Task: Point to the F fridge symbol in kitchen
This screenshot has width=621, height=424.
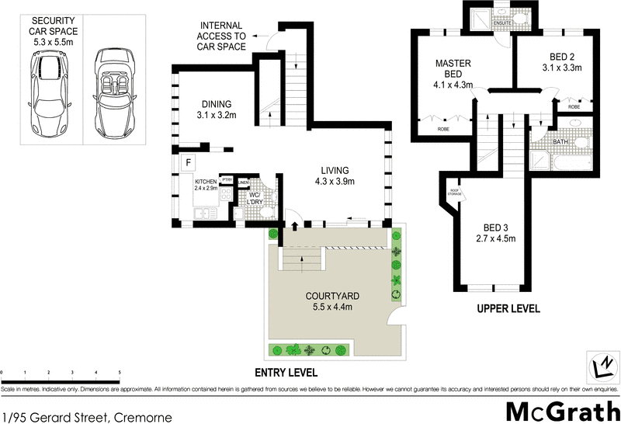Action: [187, 162]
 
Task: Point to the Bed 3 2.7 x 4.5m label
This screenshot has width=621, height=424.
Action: [494, 232]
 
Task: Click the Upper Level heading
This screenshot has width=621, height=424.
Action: [508, 309]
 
